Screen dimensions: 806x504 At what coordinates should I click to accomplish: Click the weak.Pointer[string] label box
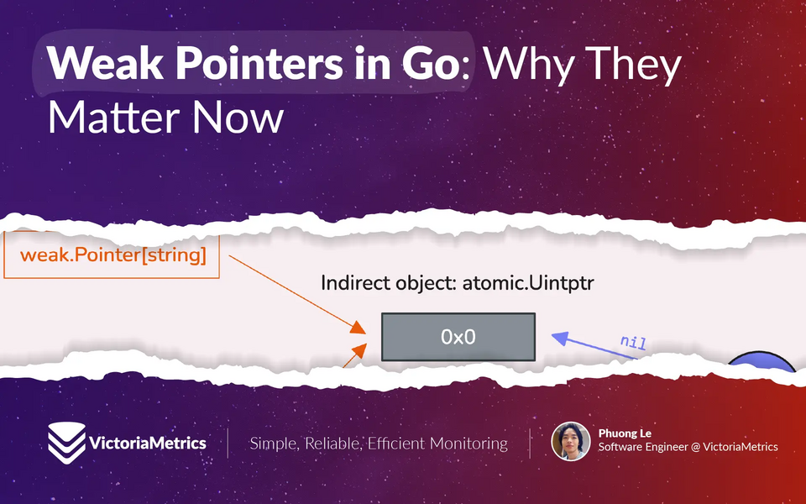point(112,255)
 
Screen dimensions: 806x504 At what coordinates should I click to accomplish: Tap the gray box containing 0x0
point(458,337)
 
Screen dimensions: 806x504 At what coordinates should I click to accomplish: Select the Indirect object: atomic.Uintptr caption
point(457,283)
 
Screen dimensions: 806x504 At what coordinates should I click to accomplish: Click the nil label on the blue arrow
point(633,342)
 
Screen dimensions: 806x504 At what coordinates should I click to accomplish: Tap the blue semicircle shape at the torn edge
point(762,362)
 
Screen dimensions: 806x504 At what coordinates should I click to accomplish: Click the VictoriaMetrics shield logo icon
point(67,443)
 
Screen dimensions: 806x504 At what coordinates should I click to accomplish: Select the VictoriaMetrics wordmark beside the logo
point(148,443)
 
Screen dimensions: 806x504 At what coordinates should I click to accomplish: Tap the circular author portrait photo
point(571,441)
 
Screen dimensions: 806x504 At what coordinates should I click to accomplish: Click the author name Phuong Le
point(625,433)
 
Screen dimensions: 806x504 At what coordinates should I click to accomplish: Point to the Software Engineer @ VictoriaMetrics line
point(688,447)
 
